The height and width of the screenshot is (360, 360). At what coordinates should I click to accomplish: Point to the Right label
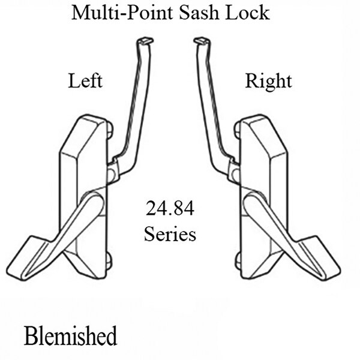click(x=268, y=81)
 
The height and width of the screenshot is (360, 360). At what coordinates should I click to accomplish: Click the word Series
click(x=170, y=233)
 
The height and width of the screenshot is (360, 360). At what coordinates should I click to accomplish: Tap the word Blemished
click(x=71, y=335)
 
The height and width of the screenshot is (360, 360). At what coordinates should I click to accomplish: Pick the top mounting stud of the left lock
click(x=110, y=128)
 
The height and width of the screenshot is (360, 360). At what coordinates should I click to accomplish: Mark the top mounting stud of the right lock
click(x=236, y=128)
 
